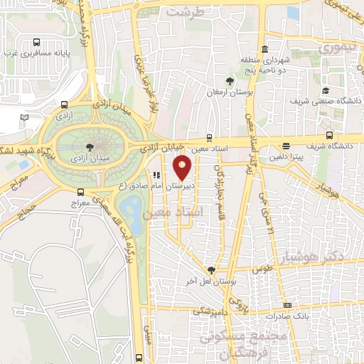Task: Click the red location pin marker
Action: click(x=183, y=167)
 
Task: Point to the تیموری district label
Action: click(x=335, y=48)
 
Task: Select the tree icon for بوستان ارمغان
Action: click(x=229, y=81)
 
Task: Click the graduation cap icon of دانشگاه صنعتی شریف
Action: click(x=325, y=90)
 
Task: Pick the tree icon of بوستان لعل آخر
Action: click(x=211, y=270)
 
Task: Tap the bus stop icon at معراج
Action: click(x=80, y=192)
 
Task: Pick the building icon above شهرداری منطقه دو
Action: click(x=264, y=50)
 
